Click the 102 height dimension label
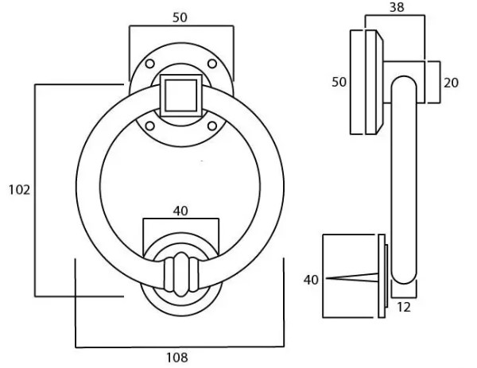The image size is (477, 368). pos(18,190)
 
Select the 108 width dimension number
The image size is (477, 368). pos(178,358)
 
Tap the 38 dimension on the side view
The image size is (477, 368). pos(395,7)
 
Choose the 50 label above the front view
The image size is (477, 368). pos(181,16)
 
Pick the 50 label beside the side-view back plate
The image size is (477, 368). pos(339,83)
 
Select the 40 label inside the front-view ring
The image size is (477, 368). pos(181,211)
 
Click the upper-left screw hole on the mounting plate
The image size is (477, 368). pos(149,64)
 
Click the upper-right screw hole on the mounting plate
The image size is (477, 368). pos(211,64)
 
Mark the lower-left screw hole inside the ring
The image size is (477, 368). pos(149,125)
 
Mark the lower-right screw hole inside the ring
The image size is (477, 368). pos(211,125)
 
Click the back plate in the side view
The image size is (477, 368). pos(366,82)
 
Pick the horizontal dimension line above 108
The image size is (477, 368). pos(180,347)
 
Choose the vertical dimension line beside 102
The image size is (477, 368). pos(35,190)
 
